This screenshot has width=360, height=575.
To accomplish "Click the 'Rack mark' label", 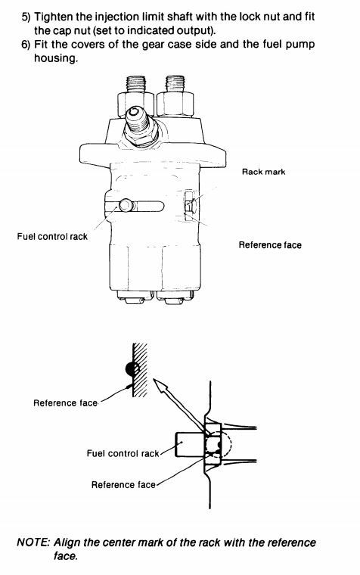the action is [x=263, y=172].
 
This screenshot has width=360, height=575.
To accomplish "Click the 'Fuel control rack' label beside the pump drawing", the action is [x=52, y=237].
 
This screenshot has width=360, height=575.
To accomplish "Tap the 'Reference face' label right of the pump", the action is [x=270, y=245].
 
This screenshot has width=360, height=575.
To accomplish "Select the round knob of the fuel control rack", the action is [x=126, y=205].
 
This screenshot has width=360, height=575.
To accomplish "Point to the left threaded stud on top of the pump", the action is [x=135, y=84].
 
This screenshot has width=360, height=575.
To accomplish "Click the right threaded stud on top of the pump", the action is [x=175, y=84].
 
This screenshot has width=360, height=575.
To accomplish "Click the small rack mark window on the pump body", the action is [x=189, y=206].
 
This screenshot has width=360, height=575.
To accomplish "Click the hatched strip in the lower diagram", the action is [x=140, y=370].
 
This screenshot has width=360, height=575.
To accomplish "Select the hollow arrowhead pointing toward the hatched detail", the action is [x=160, y=387].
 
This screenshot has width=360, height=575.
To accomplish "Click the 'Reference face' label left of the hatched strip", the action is [x=65, y=403].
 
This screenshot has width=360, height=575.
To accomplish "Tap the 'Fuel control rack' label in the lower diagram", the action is [x=123, y=454].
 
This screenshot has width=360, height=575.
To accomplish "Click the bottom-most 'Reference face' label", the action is [x=123, y=485].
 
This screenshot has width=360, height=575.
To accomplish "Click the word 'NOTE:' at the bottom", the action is [x=33, y=542].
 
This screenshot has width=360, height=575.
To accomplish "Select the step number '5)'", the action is [x=26, y=17].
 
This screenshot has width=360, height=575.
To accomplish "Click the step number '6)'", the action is [x=26, y=45].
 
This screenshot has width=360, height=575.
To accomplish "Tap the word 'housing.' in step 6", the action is [x=56, y=58].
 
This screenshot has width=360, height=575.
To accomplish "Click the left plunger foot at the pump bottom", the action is [x=135, y=297].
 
